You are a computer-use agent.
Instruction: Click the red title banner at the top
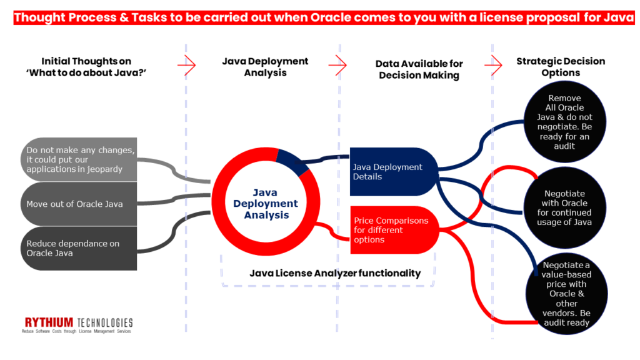pos(320,17)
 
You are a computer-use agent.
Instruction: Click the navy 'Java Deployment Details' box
pos(391,172)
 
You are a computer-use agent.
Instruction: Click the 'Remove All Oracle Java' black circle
pos(564,121)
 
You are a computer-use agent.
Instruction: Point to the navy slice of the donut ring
pos(289,161)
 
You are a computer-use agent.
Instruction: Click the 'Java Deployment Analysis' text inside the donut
pos(266,204)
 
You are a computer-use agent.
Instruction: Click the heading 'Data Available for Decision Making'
pos(419,69)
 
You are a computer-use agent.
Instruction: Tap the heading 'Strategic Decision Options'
pos(561,67)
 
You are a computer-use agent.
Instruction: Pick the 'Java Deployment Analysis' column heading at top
pos(265,67)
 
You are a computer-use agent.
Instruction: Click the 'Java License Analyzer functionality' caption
pos(335,273)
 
